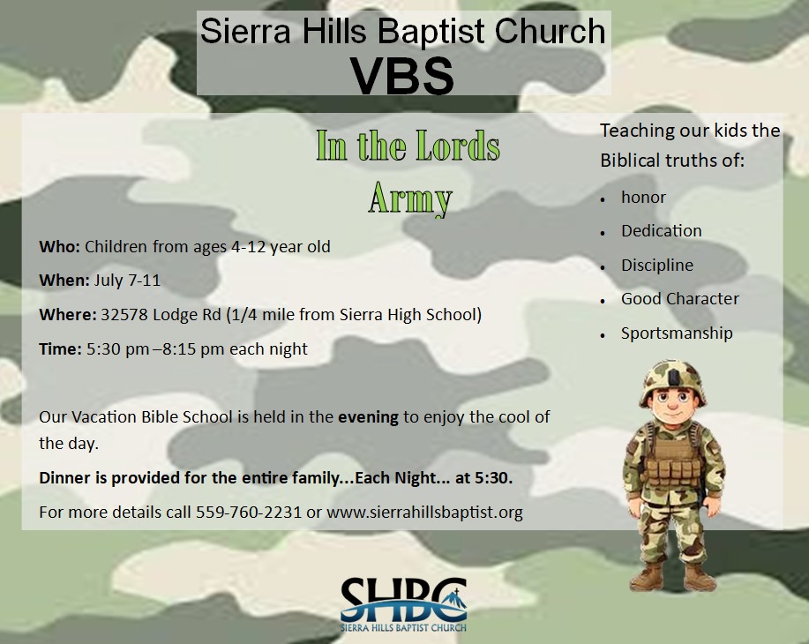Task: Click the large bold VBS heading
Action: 402,75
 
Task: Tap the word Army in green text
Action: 410,198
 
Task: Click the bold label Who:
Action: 59,247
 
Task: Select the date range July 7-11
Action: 127,281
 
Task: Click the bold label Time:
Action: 60,348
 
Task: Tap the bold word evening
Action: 369,417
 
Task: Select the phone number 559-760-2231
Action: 248,512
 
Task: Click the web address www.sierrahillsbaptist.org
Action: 424,512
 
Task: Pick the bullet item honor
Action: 643,197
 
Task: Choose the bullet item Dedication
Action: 662,230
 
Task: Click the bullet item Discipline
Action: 657,265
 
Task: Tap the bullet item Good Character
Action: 680,299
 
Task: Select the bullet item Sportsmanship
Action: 677,333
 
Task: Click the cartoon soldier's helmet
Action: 673,381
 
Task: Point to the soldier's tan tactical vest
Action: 673,458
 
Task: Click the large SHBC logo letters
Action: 403,599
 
